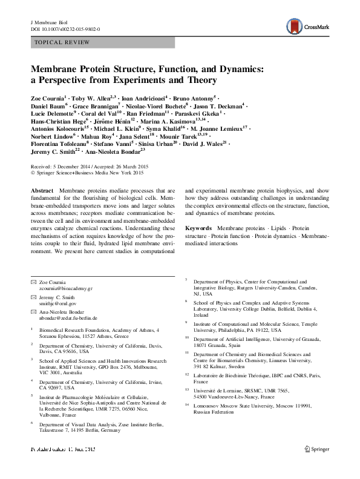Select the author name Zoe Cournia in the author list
tap(47, 97)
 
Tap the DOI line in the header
tap(65, 29)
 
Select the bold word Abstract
tap(42, 190)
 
